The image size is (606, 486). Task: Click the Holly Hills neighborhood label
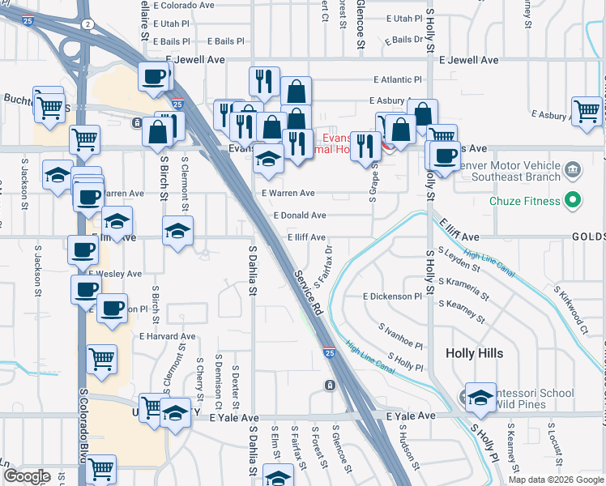[474, 353]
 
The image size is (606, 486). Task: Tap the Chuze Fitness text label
[525, 200]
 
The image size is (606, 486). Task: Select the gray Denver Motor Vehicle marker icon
[573, 170]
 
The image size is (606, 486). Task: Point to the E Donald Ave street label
[299, 215]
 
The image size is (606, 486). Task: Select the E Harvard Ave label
[167, 336]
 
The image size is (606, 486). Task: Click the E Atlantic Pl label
[398, 80]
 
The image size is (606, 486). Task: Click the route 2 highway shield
[87, 24]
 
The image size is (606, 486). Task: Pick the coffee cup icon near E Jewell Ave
[154, 78]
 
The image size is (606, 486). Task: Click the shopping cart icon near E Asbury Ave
[587, 112]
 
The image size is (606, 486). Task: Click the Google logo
[26, 476]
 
